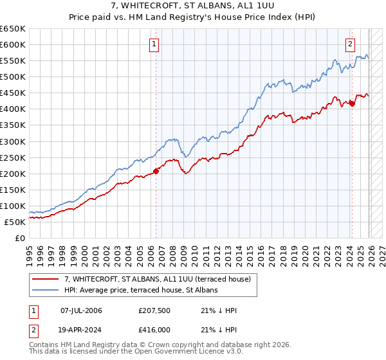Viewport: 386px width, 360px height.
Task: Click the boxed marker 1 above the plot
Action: (155, 44)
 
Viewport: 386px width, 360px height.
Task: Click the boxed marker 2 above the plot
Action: (350, 44)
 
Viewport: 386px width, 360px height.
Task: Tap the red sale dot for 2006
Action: (156, 170)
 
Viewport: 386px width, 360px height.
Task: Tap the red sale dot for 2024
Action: (352, 104)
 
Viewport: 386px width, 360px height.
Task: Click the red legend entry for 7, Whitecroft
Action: (161, 279)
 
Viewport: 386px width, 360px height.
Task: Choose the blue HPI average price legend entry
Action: (141, 290)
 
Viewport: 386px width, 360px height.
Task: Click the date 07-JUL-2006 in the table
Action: (81, 310)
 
